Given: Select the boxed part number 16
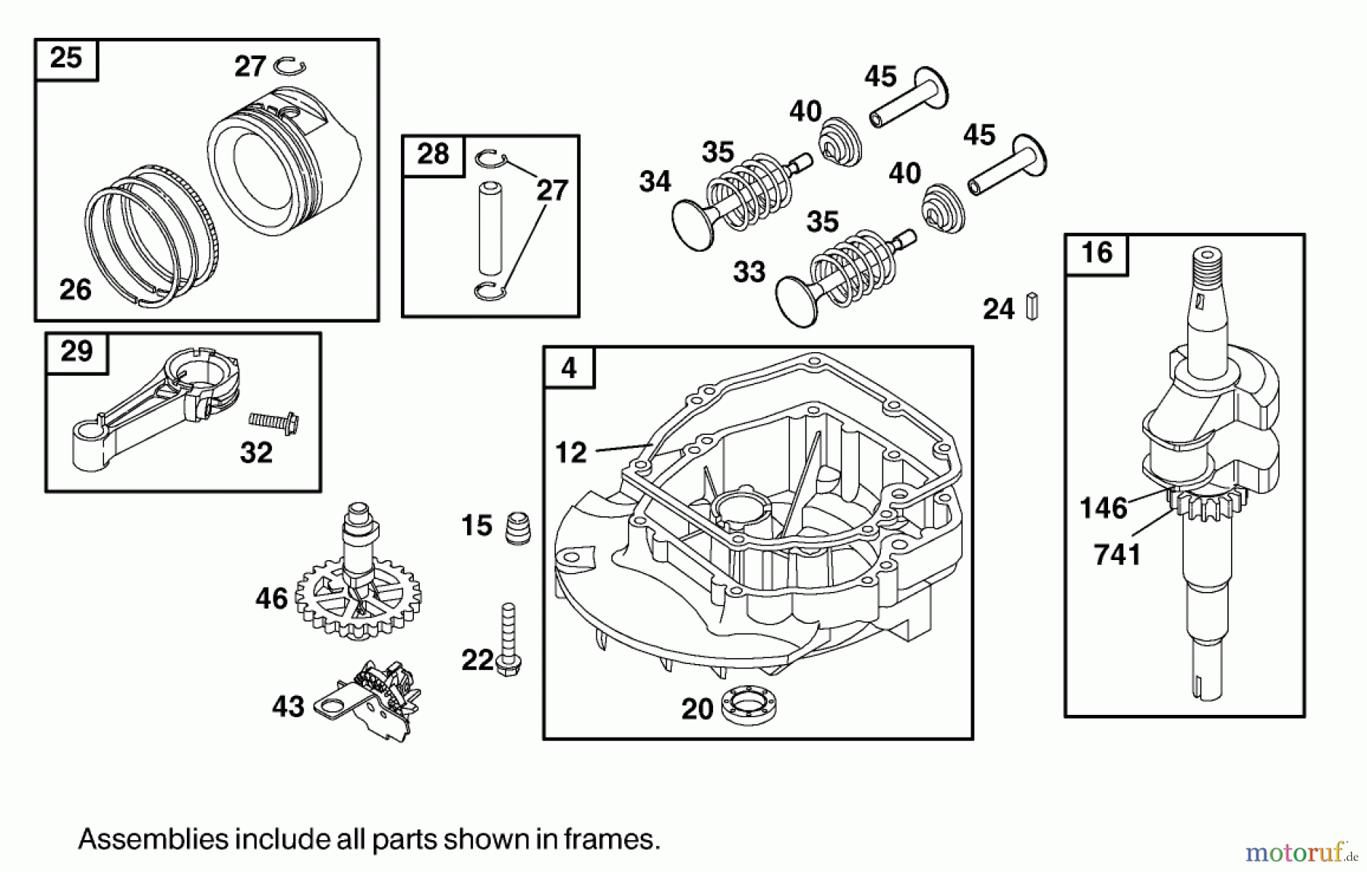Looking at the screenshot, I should click(1096, 253).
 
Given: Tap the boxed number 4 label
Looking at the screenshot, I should click(569, 368).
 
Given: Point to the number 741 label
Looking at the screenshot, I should click(1117, 556).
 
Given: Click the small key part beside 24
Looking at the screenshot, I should click(1032, 306).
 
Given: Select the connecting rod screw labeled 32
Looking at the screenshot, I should click(274, 421).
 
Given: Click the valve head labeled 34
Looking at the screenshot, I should click(692, 225).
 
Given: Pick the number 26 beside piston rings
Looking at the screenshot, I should click(75, 289).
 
